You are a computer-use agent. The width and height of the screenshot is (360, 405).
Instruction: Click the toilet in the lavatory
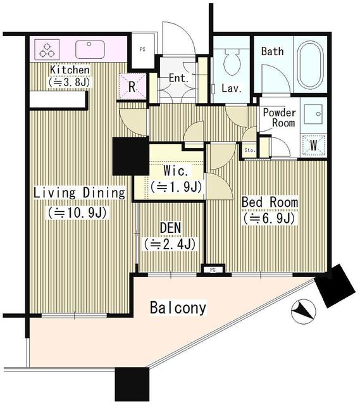pyautogui.click(x=232, y=62)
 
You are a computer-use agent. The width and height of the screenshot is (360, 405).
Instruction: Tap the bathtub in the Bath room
pyautogui.click(x=311, y=66)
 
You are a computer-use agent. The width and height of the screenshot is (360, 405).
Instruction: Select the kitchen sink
pyautogui.click(x=90, y=49)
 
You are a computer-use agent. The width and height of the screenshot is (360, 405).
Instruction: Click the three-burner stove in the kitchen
pyautogui.click(x=47, y=49)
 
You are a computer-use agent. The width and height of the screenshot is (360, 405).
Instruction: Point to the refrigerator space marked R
pyautogui.click(x=132, y=86)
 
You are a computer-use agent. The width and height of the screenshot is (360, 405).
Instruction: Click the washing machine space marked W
pyautogui.click(x=314, y=145)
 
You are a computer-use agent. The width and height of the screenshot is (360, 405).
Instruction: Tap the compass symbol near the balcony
pyautogui.click(x=304, y=311)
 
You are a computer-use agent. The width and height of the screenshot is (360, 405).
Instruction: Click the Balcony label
pyautogui.click(x=178, y=308)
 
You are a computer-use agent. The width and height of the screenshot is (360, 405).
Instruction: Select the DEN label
pyautogui.click(x=170, y=228)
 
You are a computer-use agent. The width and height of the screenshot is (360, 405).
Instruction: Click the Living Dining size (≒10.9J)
pyautogui.click(x=77, y=213)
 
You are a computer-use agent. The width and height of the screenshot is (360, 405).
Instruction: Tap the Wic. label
pyautogui.click(x=178, y=171)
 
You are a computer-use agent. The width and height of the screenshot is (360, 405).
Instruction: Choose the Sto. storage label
pyautogui.click(x=250, y=150)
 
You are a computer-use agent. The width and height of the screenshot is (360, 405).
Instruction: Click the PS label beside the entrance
pyautogui.click(x=142, y=49)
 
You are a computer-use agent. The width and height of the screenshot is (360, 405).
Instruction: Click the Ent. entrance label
pyautogui.click(x=178, y=78)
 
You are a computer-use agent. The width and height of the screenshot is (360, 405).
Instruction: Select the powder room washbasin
pyautogui.click(x=313, y=115)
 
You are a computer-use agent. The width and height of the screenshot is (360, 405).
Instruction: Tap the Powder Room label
pyautogui.click(x=280, y=118)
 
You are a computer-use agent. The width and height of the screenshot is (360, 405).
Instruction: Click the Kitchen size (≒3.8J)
pyautogui.click(x=70, y=82)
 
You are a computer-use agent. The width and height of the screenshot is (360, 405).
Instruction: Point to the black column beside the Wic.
pyautogui.click(x=131, y=156)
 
